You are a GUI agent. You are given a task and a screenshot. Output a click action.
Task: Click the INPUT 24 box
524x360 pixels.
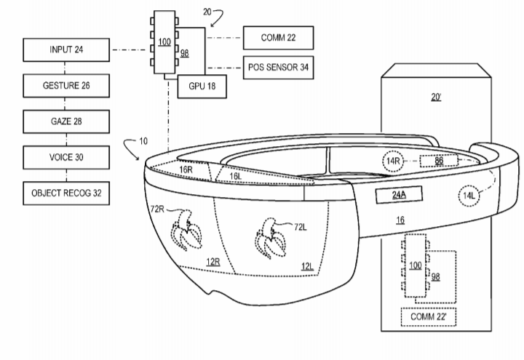coord(66,49)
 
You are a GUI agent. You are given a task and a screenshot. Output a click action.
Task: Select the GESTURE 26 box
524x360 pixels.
coord(66,86)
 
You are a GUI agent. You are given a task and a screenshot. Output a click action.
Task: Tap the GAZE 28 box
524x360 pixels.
coord(66,121)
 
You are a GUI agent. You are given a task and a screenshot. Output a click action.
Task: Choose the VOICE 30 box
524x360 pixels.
coord(66,157)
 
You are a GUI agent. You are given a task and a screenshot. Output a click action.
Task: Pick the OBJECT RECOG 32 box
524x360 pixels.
coord(66,193)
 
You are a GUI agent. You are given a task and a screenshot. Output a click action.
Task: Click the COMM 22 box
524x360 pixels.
coord(278,38)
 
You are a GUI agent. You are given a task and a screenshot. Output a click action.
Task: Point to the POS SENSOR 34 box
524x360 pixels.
coord(278,68)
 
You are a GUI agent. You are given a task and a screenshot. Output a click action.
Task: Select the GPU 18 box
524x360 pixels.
coord(202,87)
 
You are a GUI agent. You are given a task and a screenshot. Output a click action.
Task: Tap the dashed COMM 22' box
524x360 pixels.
coord(429,316)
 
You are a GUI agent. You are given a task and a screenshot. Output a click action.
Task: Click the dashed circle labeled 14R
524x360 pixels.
coord(393,161)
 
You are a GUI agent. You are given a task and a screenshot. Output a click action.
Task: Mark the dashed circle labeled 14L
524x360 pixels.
coord(469,196)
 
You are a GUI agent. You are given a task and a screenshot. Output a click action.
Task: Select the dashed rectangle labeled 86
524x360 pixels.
coord(439,161)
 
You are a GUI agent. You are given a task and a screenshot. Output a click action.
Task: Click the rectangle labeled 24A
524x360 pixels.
coord(399,195)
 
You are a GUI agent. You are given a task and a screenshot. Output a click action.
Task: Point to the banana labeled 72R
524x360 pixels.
coord(186,231)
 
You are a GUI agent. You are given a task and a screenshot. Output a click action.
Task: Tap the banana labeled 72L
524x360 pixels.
coord(271,239)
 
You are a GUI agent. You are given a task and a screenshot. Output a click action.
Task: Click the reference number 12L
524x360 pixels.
coord(307,266)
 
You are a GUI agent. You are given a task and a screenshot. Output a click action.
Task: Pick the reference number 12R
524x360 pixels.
coord(213,262)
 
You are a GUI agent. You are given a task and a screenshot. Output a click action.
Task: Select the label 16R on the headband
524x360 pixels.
coord(186,169)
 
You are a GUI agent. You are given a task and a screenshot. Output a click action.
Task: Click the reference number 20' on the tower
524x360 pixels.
coord(436,97)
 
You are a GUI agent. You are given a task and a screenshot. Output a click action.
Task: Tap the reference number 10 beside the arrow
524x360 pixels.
coord(143,141)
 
